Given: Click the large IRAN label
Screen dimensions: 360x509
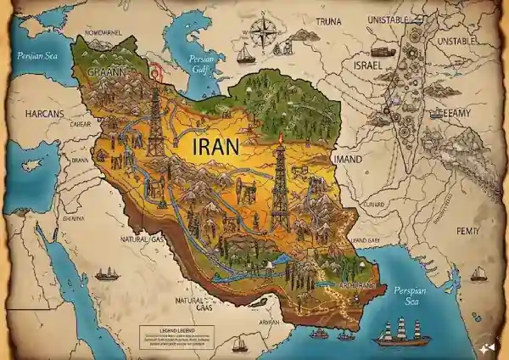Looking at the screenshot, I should click(x=216, y=145).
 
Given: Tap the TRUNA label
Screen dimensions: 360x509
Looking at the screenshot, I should click(x=329, y=20).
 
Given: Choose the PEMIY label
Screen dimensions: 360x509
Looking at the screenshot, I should click(x=467, y=206).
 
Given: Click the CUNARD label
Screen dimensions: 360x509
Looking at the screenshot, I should click(x=373, y=205).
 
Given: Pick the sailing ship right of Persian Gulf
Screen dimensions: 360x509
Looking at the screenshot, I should click(x=245, y=55).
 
